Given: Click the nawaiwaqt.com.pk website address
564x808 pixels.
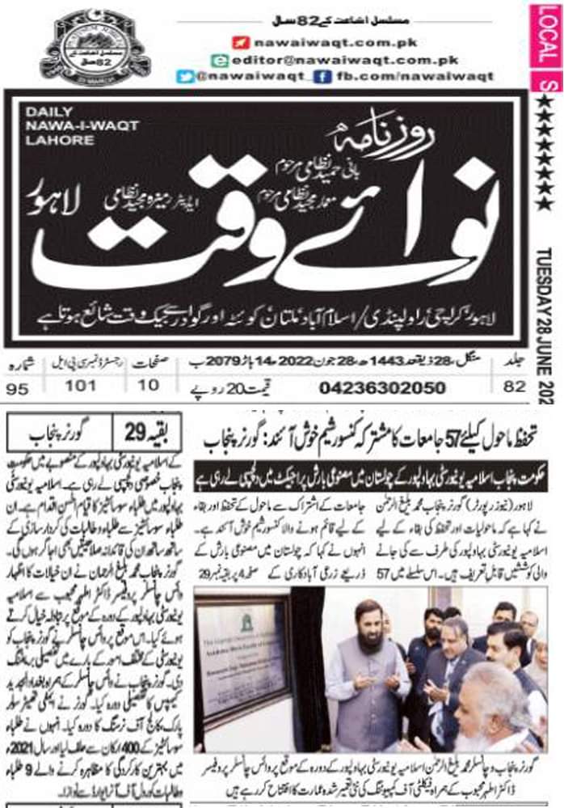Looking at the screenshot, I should (307, 43).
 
